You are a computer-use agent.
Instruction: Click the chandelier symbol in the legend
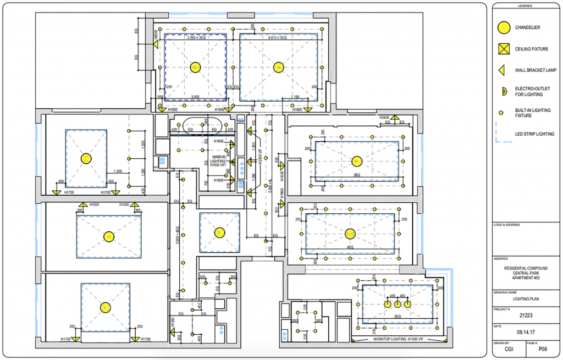pos(502,27)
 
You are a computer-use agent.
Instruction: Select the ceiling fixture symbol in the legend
pos(502,49)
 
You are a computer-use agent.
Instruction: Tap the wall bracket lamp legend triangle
pos(501,70)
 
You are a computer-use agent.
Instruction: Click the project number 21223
pos(526,315)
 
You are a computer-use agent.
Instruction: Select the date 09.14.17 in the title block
pos(526,331)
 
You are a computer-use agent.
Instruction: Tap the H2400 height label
pos(384,118)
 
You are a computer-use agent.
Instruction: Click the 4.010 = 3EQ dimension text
pos(279,38)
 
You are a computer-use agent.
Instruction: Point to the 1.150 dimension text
pos(295,97)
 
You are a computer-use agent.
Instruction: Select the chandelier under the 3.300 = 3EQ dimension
pos(195,68)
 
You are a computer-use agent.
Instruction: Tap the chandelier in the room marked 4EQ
pos(350,234)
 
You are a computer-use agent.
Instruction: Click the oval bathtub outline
pos(201,126)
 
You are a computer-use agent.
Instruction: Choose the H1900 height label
pos(173,323)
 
